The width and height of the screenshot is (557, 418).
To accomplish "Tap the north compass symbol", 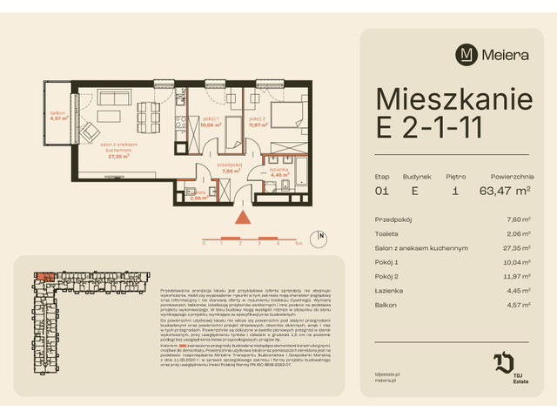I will pos(320,235).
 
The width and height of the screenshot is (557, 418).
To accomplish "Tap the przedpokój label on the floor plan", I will pos(205,168).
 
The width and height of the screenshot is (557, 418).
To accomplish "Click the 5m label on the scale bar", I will pos(299,245).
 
